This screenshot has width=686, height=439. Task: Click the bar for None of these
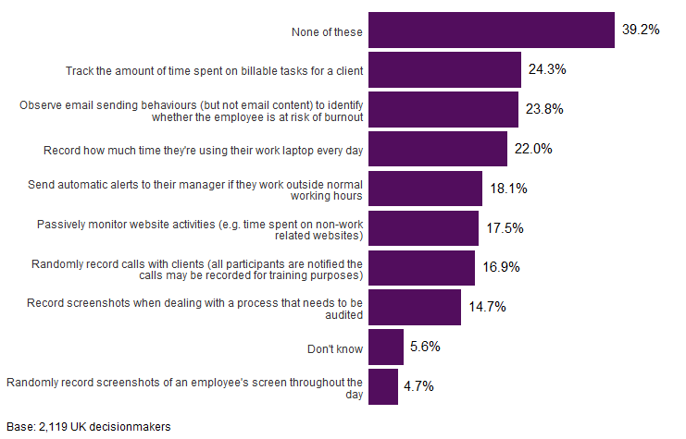[x=492, y=30]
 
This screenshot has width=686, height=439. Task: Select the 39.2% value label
[x=641, y=30]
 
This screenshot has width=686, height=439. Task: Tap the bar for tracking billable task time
[x=444, y=69]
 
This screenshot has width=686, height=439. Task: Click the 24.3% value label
[x=547, y=69]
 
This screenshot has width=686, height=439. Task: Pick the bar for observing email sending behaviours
[x=443, y=109]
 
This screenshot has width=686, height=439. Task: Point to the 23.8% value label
[x=544, y=109]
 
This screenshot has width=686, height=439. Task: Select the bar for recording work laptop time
[x=438, y=149]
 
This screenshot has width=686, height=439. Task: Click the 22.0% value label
[x=533, y=149]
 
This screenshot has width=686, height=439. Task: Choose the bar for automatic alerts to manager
[x=426, y=189]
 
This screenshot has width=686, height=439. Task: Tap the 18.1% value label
[x=508, y=189]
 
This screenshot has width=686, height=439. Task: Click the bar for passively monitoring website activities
[x=424, y=228]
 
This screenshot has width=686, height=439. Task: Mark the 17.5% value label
[x=505, y=228]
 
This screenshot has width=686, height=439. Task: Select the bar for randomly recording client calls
[x=422, y=268]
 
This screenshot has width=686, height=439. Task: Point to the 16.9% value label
[x=501, y=268]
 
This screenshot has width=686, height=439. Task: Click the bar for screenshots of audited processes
[x=415, y=308]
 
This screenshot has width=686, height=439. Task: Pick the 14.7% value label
[x=487, y=308]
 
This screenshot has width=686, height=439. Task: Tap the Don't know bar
[x=386, y=348]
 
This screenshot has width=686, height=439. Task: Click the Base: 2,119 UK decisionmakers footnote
[x=89, y=427]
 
